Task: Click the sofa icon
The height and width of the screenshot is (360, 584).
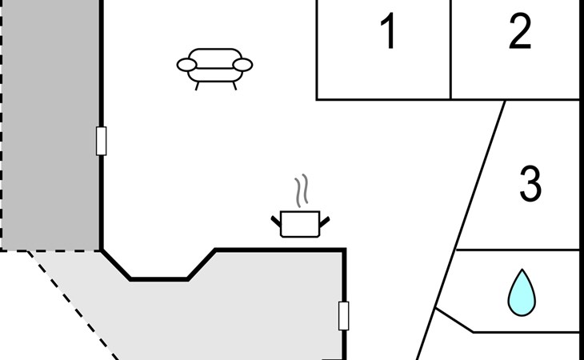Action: (214, 66)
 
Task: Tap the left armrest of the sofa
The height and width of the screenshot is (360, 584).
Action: (186, 65)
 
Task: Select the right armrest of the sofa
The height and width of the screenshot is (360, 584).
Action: (243, 64)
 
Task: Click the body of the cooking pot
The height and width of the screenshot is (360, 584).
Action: (300, 224)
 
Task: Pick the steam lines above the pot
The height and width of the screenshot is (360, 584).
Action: (301, 191)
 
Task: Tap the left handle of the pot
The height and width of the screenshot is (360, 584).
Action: (276, 218)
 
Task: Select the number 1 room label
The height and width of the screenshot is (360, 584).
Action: (388, 33)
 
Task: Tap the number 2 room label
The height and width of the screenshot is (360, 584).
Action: (520, 33)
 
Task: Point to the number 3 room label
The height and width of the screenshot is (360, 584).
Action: (530, 184)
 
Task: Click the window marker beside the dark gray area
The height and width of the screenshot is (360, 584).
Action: (101, 141)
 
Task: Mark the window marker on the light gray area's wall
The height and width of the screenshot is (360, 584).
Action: (344, 315)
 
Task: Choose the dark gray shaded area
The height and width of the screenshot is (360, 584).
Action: (50, 128)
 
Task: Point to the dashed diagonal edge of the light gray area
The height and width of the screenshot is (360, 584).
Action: (72, 304)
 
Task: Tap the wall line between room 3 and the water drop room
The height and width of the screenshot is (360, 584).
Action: (516, 250)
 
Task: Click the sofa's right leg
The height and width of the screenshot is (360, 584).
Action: (234, 85)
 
